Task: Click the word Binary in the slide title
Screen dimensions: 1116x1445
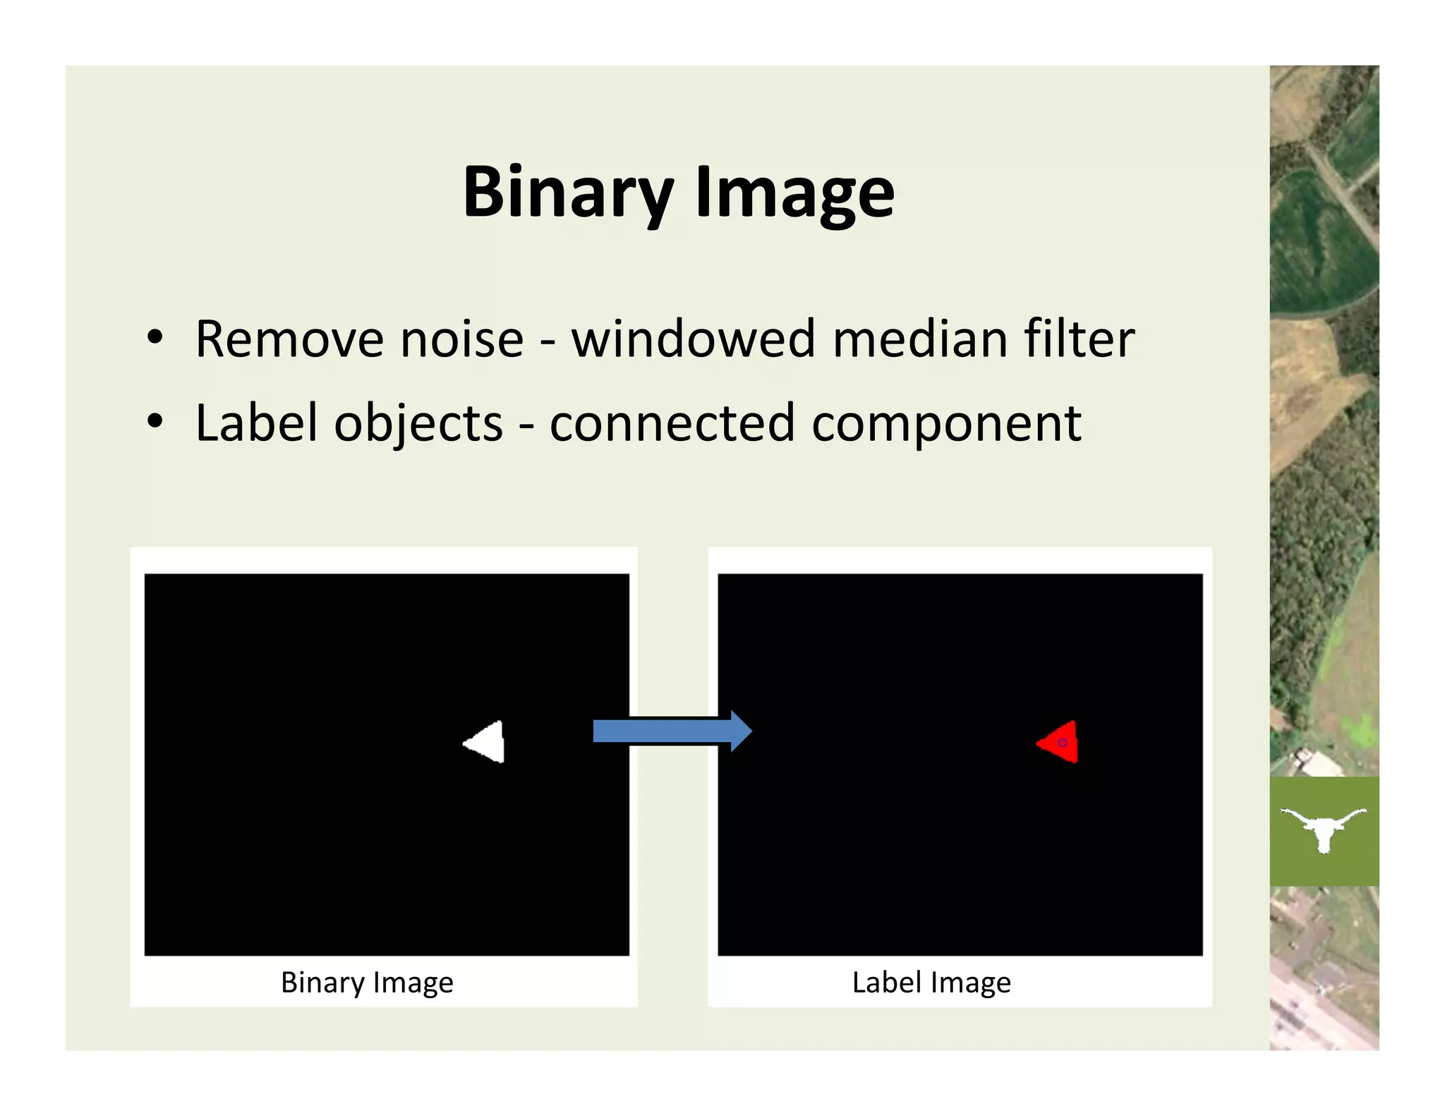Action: [567, 193]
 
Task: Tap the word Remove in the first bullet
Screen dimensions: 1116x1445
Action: [288, 339]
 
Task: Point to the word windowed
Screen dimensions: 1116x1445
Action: [694, 339]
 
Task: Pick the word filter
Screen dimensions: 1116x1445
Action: [1079, 339]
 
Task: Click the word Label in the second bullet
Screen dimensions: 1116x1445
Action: [256, 423]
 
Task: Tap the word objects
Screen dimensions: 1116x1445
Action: [418, 423]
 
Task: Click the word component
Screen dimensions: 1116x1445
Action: [946, 425]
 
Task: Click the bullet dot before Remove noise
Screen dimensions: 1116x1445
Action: [155, 339]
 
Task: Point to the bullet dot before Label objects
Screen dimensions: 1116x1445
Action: [155, 422]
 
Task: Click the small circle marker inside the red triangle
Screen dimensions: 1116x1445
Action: [1062, 743]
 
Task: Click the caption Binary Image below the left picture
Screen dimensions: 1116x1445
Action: [367, 983]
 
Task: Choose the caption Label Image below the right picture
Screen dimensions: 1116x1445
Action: [931, 983]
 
